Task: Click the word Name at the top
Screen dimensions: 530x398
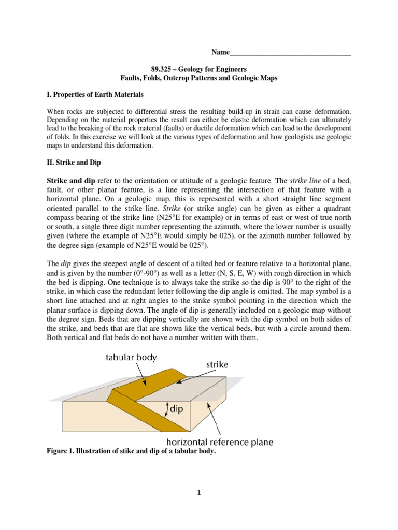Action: tap(219, 53)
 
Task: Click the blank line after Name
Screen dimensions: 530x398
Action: tap(290, 54)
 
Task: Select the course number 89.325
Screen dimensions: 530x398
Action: tap(162, 69)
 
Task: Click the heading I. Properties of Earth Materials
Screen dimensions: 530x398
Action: tap(95, 95)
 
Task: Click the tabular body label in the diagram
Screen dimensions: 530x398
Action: tap(132, 357)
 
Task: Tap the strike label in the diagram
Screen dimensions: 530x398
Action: tap(217, 364)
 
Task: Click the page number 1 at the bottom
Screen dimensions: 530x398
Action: tap(199, 493)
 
